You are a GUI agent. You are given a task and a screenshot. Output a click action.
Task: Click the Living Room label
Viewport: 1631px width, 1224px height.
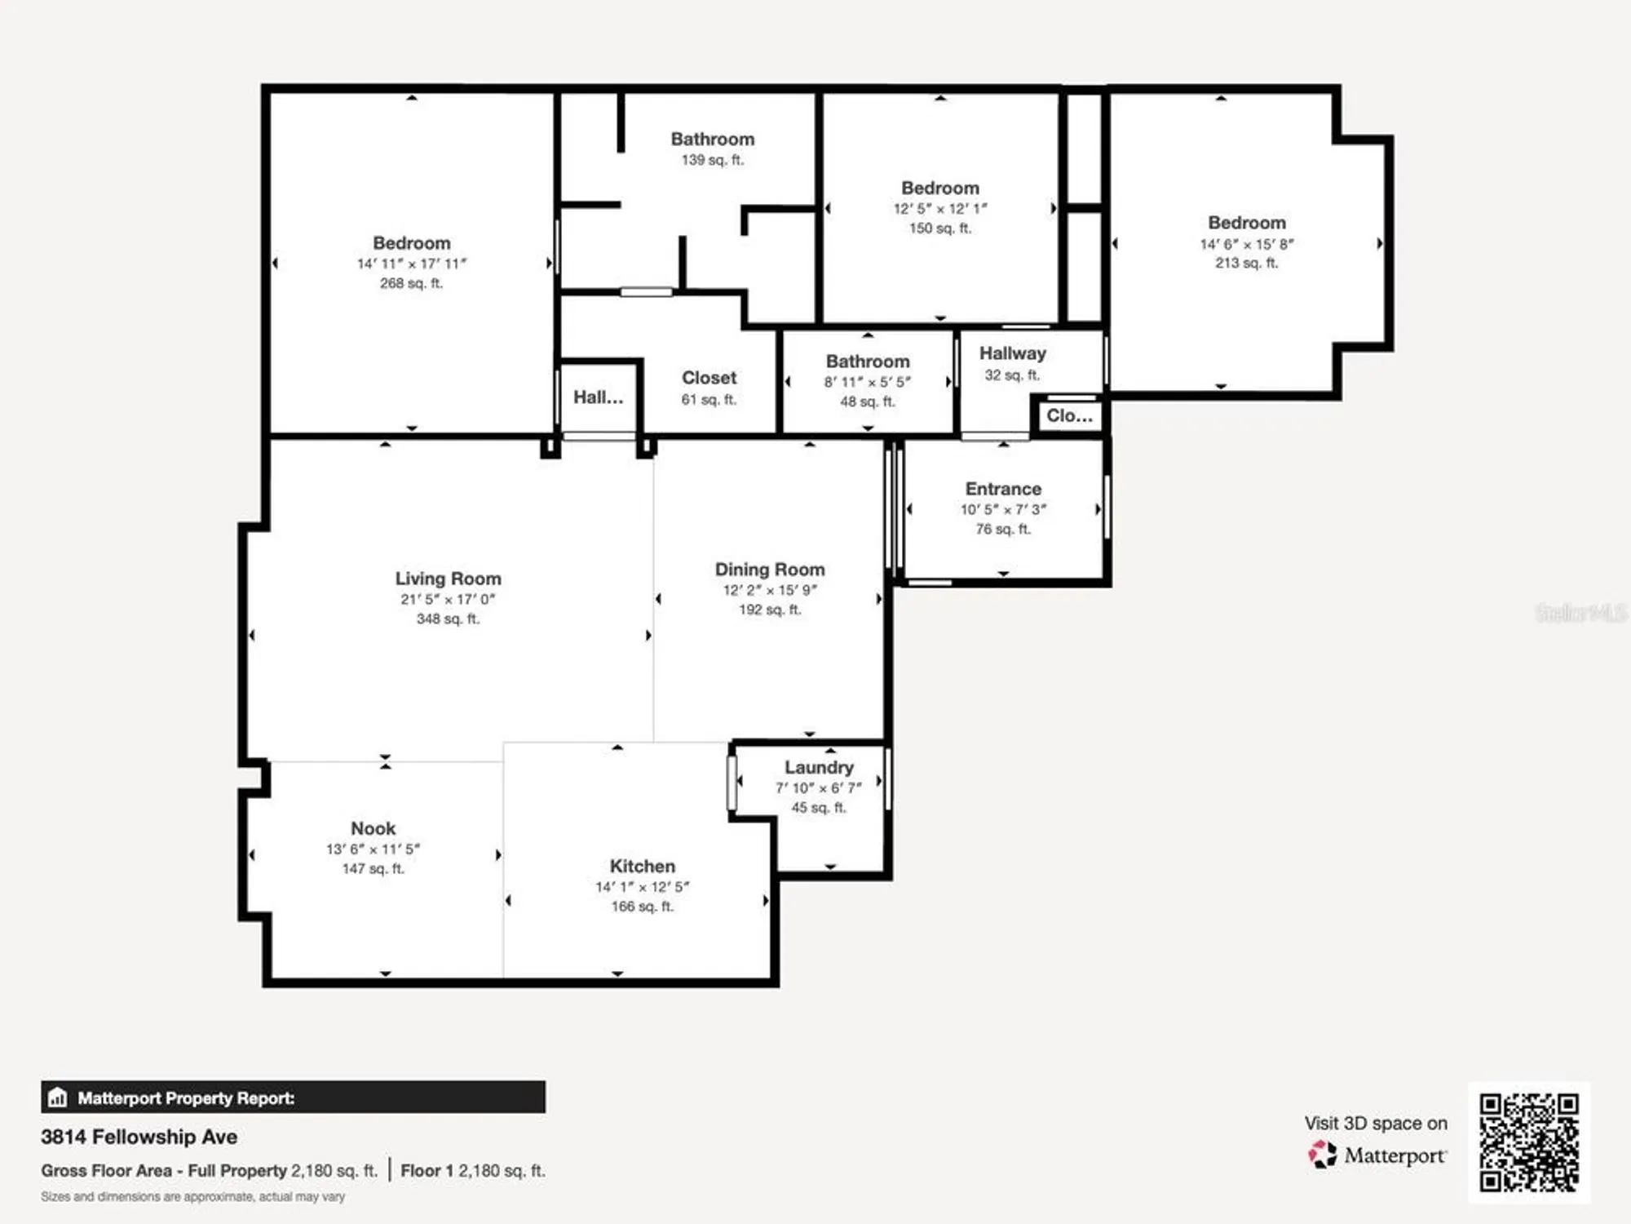(448, 579)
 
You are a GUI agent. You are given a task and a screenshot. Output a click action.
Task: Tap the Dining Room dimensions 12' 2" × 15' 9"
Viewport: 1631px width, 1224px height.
(769, 590)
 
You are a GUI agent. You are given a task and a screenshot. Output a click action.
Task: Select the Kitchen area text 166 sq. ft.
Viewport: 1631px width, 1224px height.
(642, 907)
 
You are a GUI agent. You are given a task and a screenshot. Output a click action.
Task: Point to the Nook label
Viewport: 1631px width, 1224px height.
(373, 828)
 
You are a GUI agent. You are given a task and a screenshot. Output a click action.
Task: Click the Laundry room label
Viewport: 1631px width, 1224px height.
(819, 767)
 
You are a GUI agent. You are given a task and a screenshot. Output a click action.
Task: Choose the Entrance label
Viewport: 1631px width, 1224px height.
(1003, 489)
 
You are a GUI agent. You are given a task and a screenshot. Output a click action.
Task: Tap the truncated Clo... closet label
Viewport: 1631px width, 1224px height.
(1069, 415)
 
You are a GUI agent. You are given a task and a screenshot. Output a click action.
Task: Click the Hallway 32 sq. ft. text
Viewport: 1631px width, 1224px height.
(1012, 375)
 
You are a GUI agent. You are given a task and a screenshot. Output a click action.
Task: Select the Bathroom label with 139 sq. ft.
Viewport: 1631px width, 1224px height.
(712, 140)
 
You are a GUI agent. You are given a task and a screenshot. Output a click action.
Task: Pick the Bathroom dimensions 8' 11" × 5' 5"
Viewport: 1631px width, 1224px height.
(867, 382)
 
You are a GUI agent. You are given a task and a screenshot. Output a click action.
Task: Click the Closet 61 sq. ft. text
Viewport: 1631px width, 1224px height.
(709, 400)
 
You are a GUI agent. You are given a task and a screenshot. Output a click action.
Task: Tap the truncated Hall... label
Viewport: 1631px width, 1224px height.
(598, 397)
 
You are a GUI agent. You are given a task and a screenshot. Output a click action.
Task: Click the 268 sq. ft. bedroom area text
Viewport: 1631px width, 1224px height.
(411, 283)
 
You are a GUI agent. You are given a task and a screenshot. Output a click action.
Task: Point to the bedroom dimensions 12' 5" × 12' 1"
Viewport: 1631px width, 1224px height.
(939, 209)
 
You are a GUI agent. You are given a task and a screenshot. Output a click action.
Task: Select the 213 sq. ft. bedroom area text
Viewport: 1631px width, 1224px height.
(1246, 263)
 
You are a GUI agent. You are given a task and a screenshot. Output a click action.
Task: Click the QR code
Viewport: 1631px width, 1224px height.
(1529, 1142)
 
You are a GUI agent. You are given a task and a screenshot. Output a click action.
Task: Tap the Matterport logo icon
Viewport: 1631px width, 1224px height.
(1323, 1155)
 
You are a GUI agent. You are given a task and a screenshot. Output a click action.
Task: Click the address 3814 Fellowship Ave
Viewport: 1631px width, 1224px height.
(139, 1137)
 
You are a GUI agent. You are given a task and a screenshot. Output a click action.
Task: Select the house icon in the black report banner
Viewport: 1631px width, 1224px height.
(57, 1098)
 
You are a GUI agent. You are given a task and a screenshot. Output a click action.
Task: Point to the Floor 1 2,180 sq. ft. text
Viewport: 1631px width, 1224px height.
(473, 1170)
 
